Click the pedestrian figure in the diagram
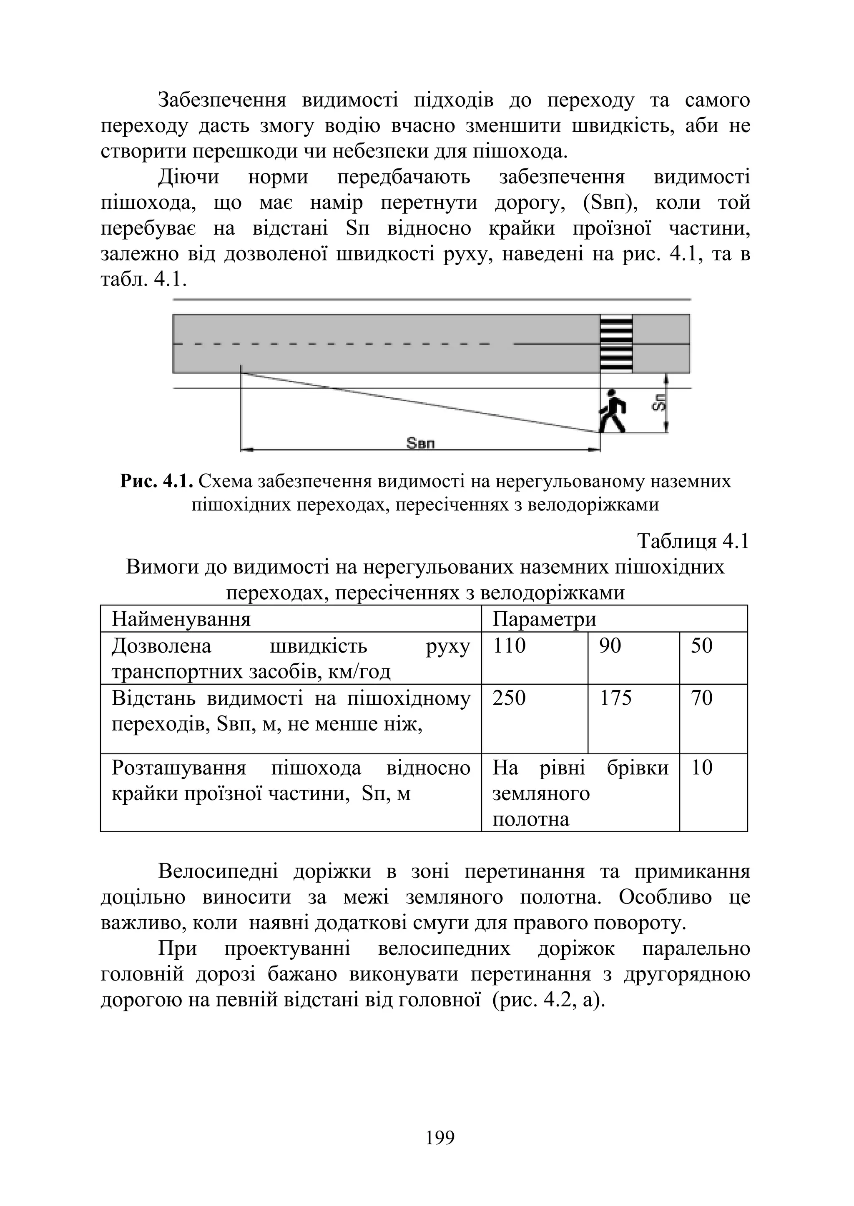(x=612, y=410)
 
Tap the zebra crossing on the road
(x=616, y=343)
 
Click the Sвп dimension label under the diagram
(x=421, y=444)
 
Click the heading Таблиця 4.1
(x=693, y=541)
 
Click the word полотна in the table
(x=530, y=819)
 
